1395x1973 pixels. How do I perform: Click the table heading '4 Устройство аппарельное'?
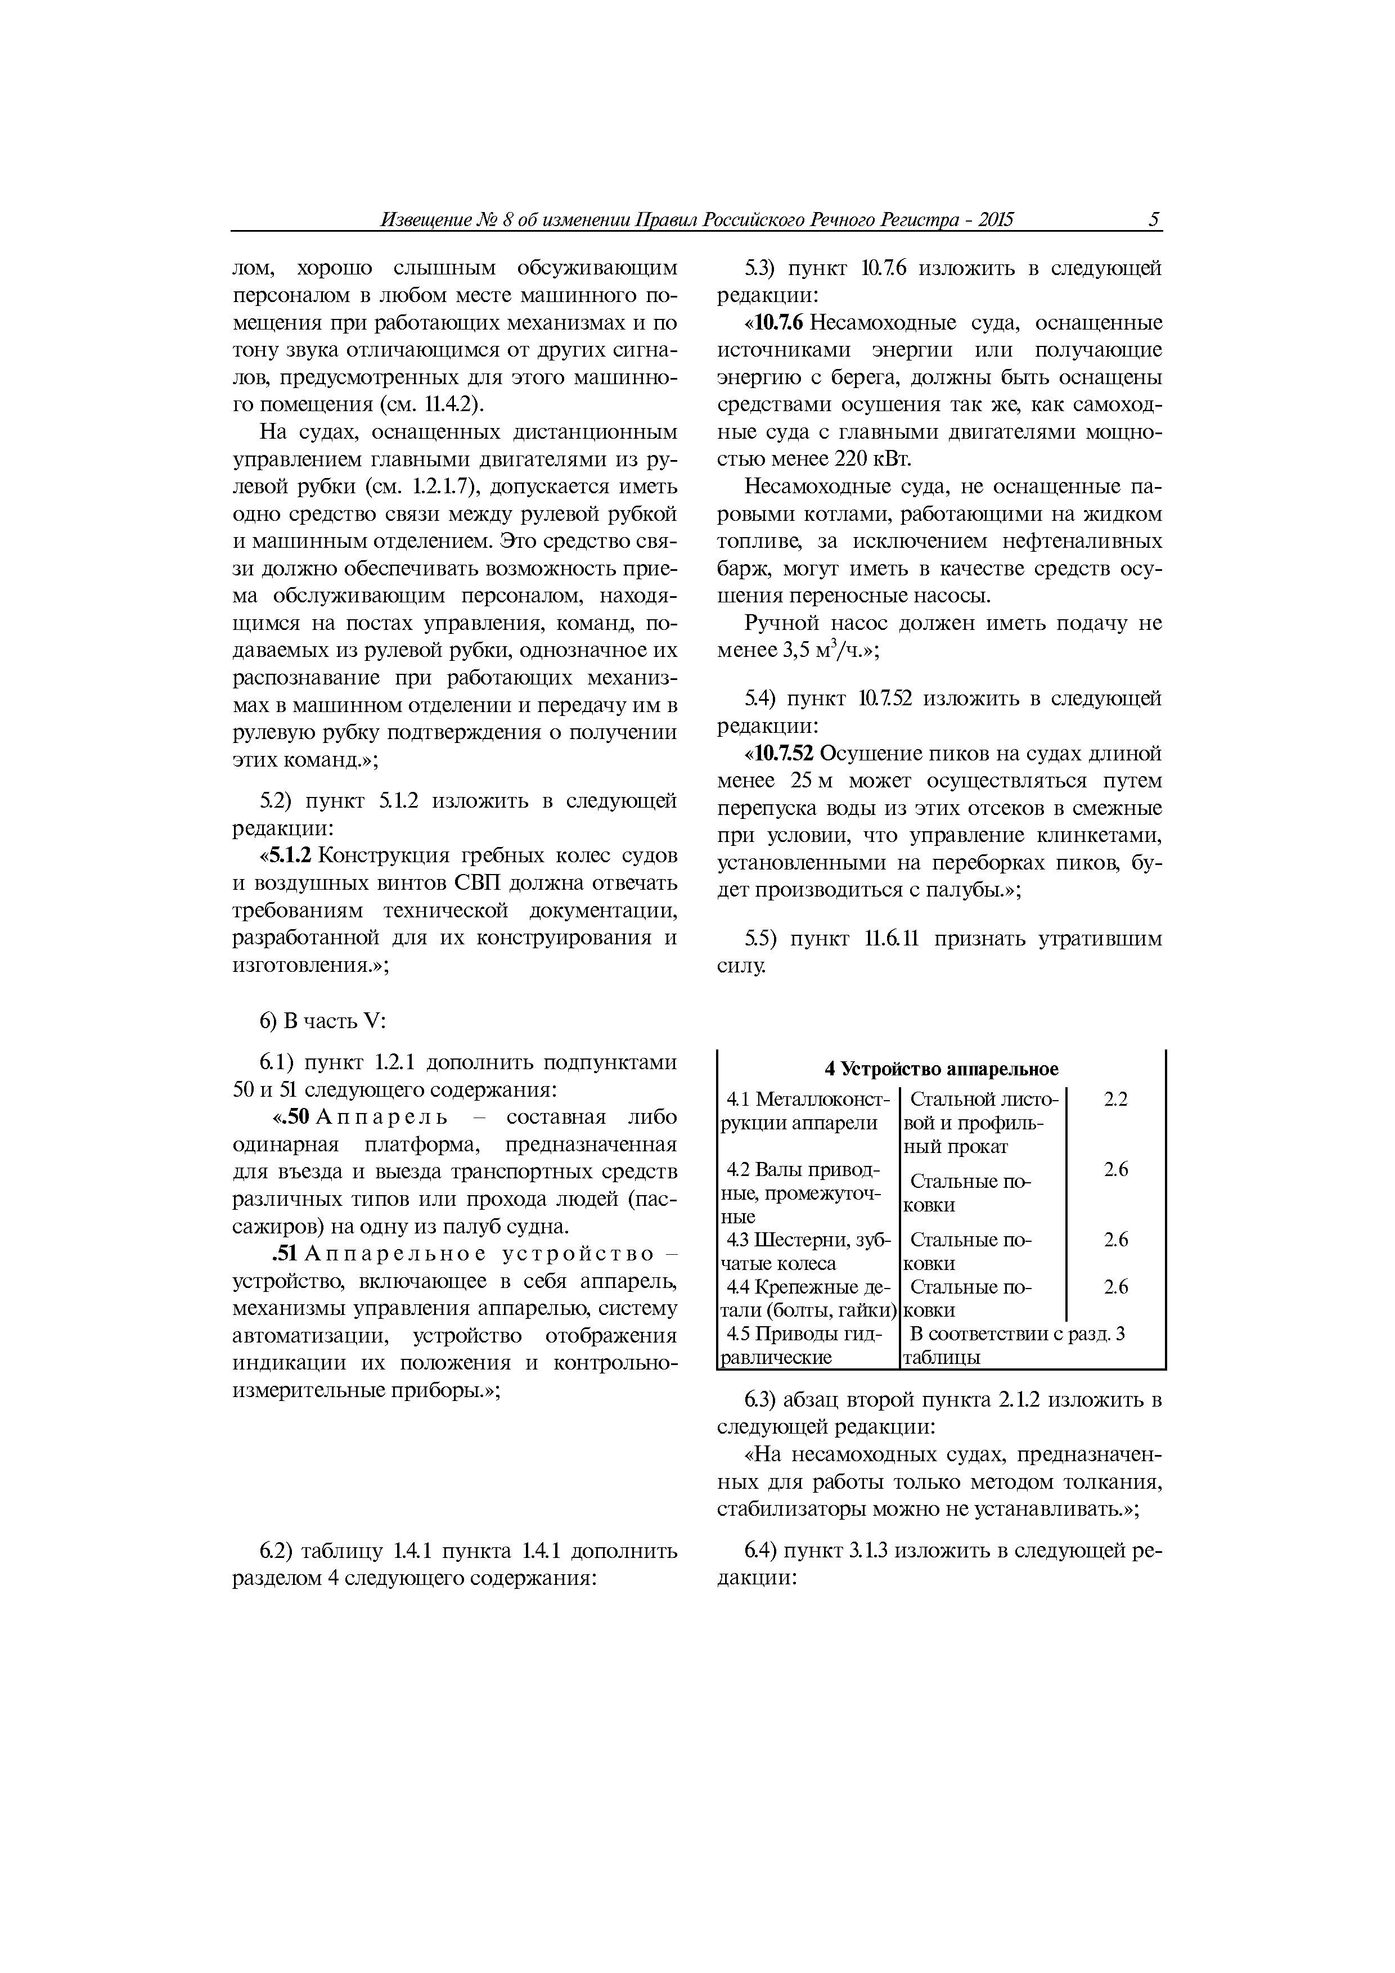pyautogui.click(x=941, y=1069)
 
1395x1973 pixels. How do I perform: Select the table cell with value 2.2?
pyautogui.click(x=1115, y=1099)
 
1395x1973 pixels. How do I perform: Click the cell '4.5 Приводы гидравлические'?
pyautogui.click(x=805, y=1346)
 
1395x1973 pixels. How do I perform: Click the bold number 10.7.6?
pyautogui.click(x=778, y=323)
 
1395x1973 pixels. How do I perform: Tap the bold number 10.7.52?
pyautogui.click(x=783, y=754)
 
